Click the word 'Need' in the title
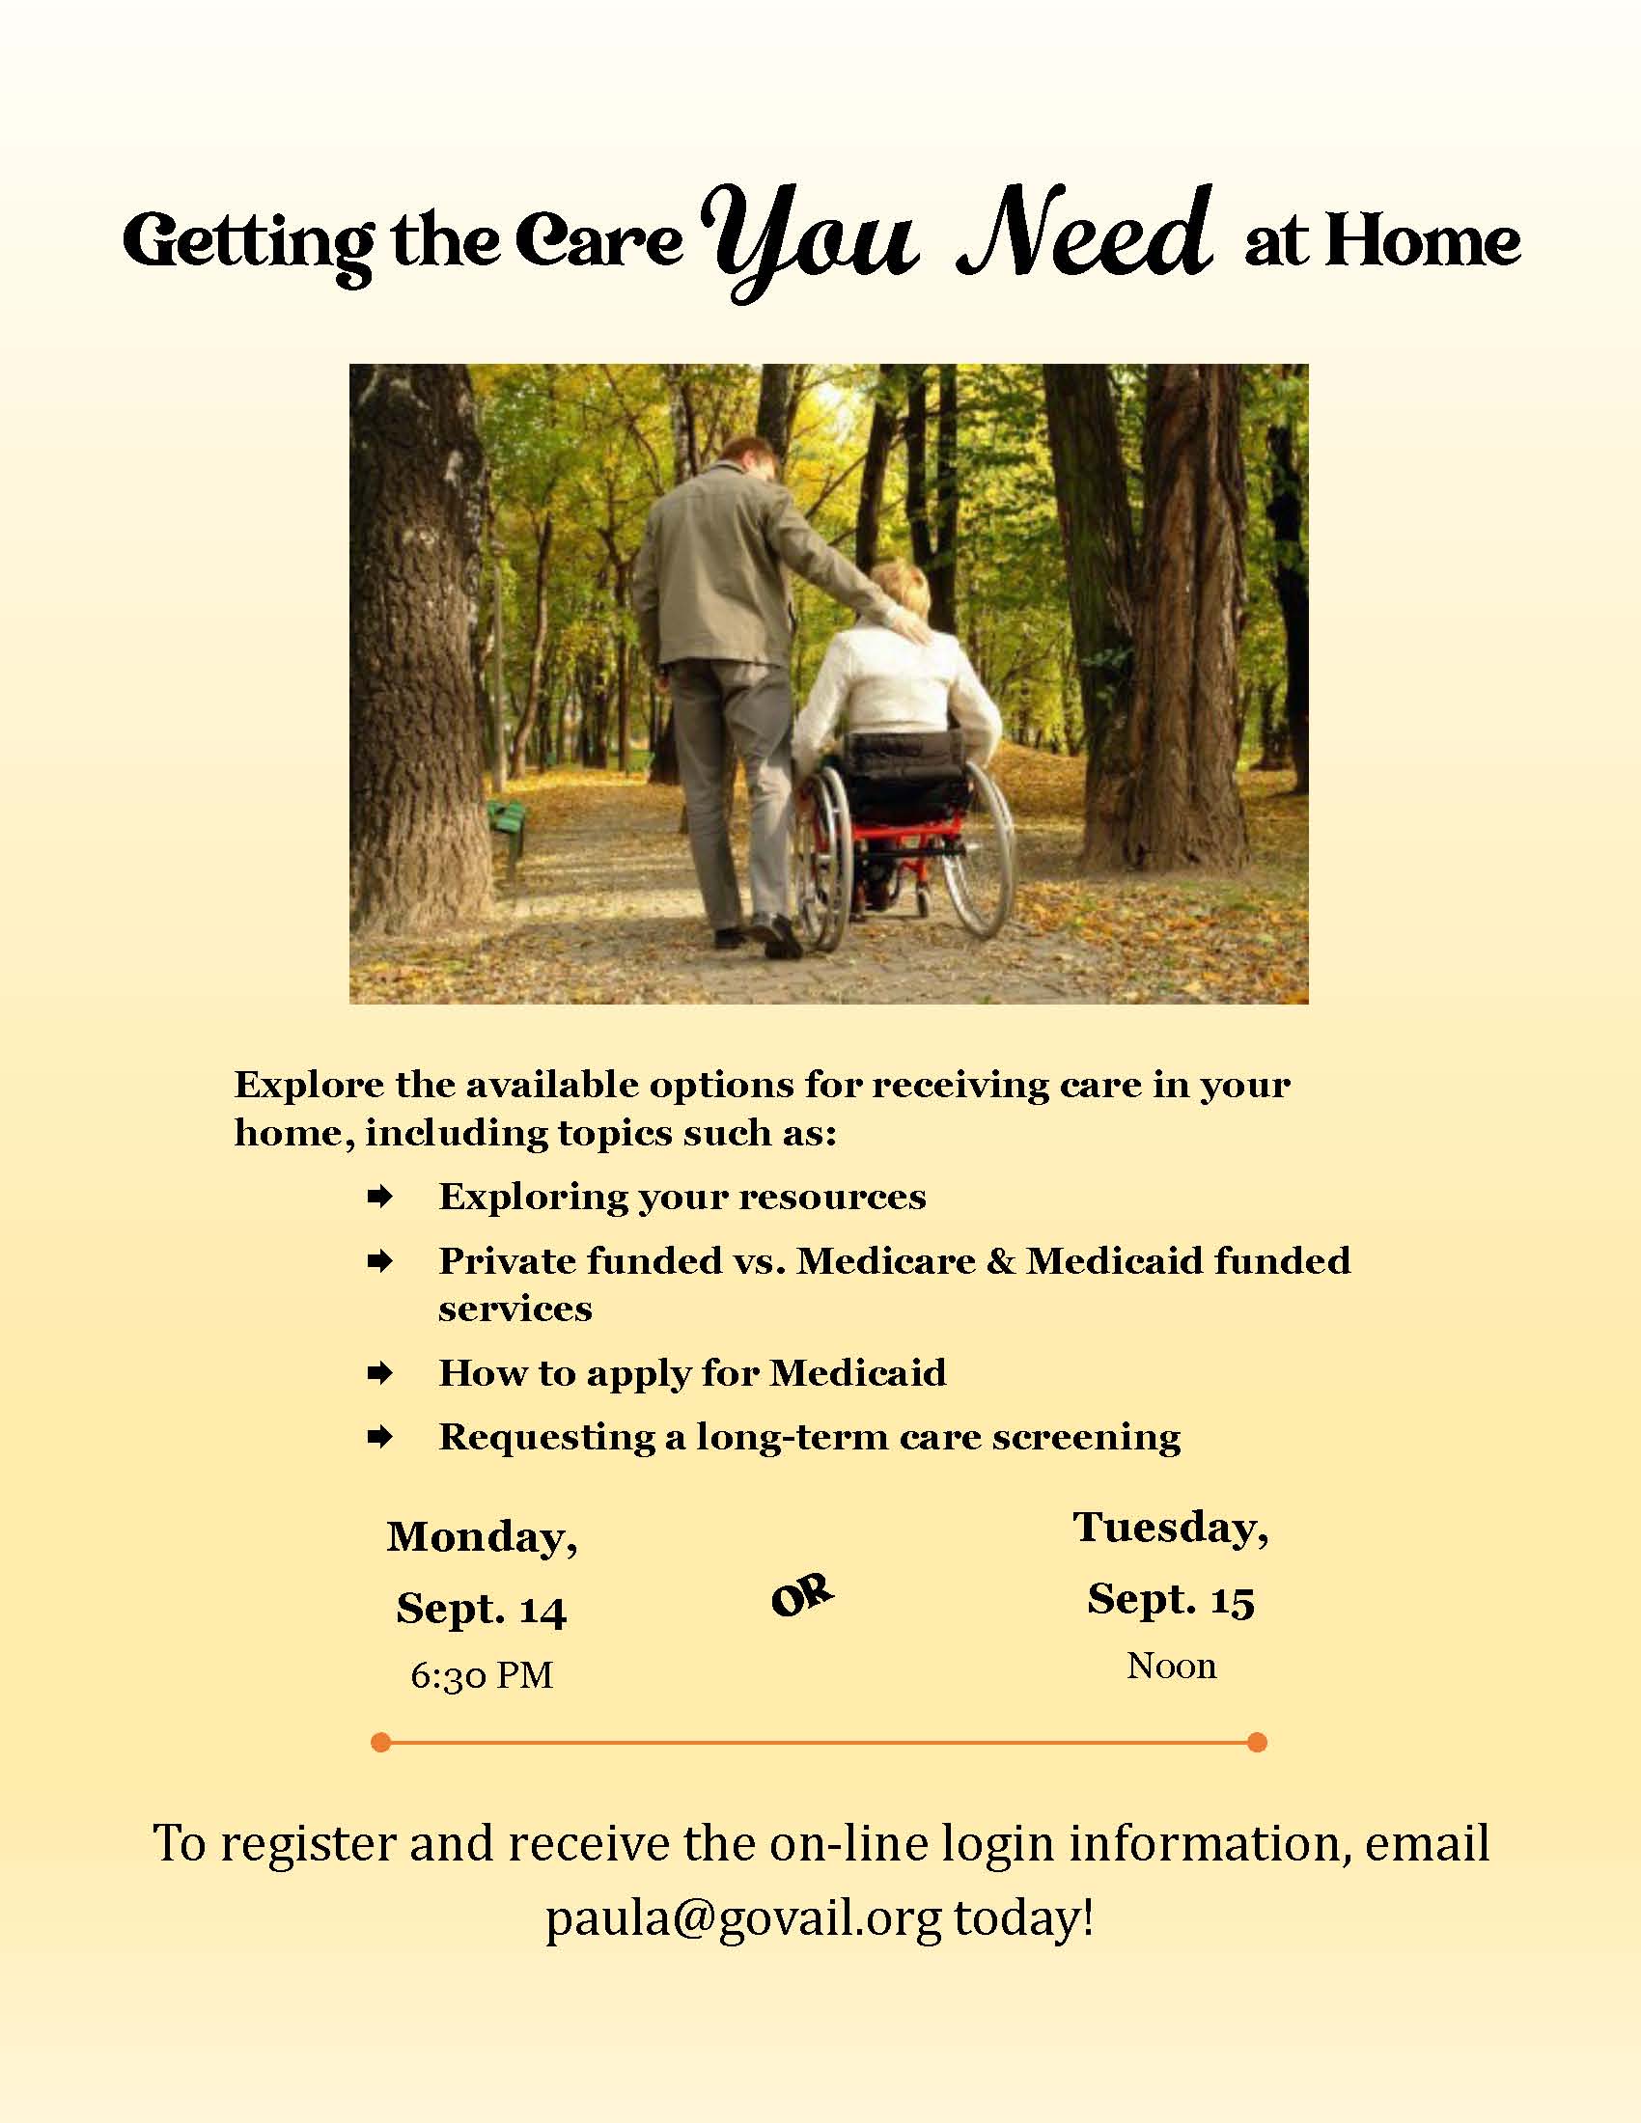tap(1085, 234)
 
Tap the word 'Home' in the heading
tap(1421, 240)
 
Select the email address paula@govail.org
tap(742, 1917)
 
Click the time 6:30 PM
tap(482, 1675)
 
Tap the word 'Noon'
tap(1171, 1666)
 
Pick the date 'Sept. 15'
tap(1171, 1598)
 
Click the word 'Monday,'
tap(483, 1537)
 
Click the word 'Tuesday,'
tap(1171, 1528)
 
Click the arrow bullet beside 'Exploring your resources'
tap(379, 1197)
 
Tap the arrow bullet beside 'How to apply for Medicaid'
tap(379, 1373)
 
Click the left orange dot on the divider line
tap(381, 1742)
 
